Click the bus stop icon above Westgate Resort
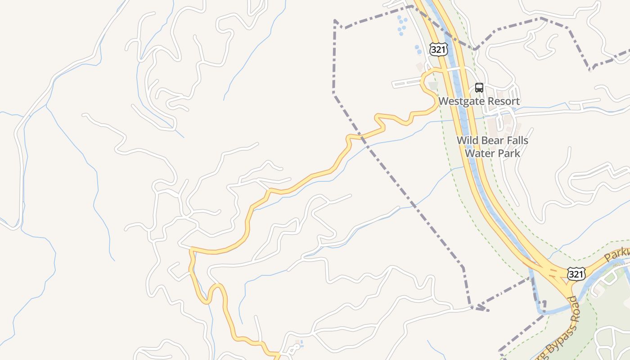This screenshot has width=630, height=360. [479, 88]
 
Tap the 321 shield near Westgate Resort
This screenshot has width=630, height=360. [438, 49]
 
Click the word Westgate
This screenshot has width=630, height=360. [458, 101]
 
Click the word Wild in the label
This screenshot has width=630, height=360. [466, 140]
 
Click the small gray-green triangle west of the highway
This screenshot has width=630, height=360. [433, 85]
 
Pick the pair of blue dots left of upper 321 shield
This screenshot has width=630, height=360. [418, 49]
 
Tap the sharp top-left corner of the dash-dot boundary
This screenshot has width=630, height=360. [335, 21]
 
